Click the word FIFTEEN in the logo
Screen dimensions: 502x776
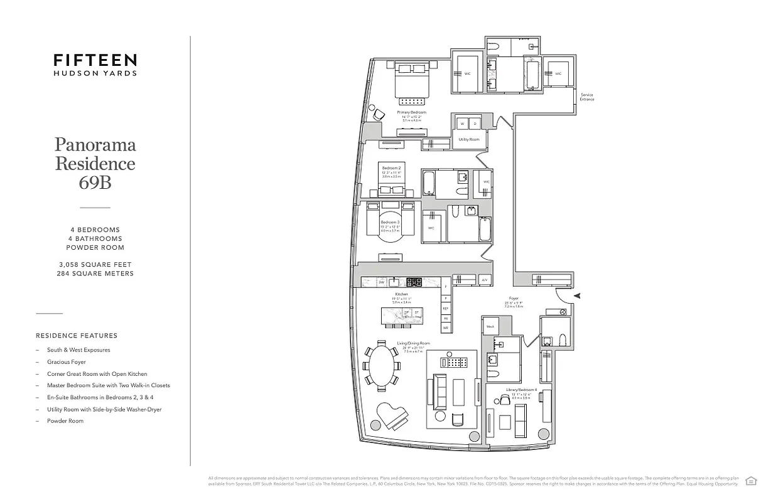pyautogui.click(x=95, y=60)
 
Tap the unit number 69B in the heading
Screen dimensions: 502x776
pyautogui.click(x=95, y=183)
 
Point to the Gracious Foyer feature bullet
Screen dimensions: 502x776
pyautogui.click(x=66, y=362)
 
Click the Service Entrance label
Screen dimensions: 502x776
pyautogui.click(x=586, y=97)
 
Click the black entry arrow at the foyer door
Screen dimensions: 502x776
pyautogui.click(x=578, y=296)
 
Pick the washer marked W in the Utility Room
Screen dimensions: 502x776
pyautogui.click(x=462, y=124)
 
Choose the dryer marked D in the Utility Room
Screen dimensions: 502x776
pyautogui.click(x=475, y=124)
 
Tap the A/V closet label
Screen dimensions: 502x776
pyautogui.click(x=484, y=280)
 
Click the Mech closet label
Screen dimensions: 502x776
pyautogui.click(x=490, y=326)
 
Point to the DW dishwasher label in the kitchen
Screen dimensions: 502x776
pyautogui.click(x=381, y=282)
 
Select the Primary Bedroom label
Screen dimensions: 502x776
pyautogui.click(x=412, y=112)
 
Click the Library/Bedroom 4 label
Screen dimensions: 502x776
pyautogui.click(x=520, y=390)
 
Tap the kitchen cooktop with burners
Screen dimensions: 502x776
pyautogui.click(x=414, y=282)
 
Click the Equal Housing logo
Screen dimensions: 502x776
pyautogui.click(x=750, y=481)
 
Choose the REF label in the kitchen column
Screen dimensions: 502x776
pyautogui.click(x=445, y=308)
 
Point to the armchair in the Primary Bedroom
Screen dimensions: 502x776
pyautogui.click(x=379, y=115)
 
